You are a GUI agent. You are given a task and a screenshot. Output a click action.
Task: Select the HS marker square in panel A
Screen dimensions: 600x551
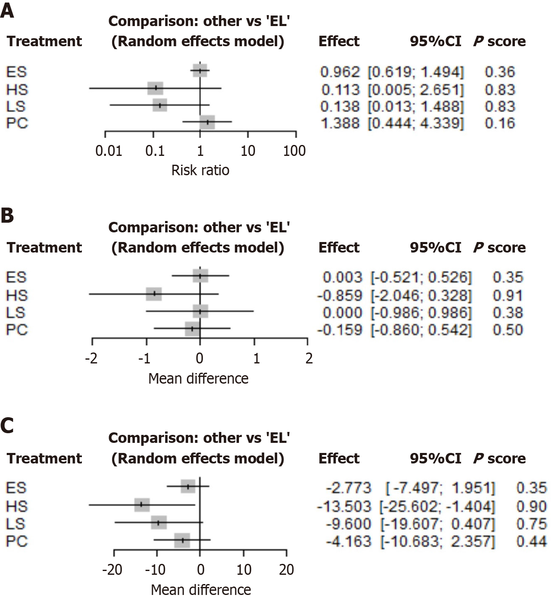155,88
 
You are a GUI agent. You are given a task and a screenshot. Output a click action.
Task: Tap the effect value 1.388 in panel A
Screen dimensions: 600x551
340,123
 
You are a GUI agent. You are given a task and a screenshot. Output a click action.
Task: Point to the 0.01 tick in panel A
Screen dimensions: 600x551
109,150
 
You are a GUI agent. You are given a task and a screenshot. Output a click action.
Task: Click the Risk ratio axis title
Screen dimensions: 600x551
200,170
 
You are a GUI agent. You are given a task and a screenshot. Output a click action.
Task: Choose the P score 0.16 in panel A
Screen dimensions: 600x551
500,123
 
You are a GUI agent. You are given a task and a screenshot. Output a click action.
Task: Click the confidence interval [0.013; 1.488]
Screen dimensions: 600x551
416,106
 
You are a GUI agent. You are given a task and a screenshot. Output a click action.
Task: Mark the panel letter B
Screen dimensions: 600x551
8,216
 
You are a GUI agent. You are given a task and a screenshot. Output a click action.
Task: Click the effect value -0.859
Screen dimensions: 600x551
339,295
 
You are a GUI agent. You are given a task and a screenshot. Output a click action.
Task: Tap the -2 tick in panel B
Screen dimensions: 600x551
92,358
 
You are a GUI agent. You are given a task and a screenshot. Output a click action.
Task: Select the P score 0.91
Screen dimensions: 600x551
508,295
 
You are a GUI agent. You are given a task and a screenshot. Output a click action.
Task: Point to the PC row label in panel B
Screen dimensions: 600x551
17,330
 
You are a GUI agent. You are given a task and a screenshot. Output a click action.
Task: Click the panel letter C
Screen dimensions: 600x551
8,426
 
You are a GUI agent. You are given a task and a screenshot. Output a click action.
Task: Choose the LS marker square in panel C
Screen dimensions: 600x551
159,523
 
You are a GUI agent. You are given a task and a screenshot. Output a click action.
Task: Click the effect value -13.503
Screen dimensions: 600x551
344,506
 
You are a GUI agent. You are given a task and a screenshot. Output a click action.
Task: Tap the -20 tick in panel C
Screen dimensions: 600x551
112,570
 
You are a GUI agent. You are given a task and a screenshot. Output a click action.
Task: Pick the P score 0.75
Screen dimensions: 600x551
531,524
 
